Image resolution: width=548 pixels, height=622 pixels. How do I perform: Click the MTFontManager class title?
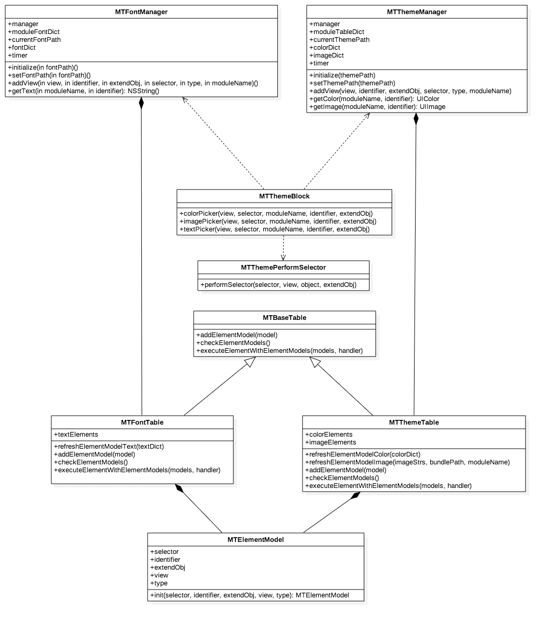(141, 12)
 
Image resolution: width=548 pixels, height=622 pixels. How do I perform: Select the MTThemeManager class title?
(417, 12)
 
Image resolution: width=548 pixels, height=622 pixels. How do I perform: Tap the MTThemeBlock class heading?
(284, 196)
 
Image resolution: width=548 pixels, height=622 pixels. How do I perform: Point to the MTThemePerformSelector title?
(283, 268)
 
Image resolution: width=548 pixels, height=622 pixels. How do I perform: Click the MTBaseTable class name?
(284, 318)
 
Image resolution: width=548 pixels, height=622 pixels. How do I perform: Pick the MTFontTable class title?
(142, 423)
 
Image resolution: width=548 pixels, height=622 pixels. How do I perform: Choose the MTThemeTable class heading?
(413, 423)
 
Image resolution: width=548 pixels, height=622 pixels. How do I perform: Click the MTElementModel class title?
(255, 540)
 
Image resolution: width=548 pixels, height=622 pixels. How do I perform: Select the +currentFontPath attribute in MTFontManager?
(35, 40)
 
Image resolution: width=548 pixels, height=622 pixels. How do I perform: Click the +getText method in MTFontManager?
(84, 91)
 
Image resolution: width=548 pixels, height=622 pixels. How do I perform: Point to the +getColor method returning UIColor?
(374, 99)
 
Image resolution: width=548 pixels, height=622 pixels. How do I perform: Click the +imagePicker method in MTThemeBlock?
(278, 221)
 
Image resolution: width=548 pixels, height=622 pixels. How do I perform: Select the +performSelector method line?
(278, 285)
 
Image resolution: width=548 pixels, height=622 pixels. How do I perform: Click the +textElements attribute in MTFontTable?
(76, 435)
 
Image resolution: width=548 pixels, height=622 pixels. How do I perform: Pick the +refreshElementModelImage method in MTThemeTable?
(407, 462)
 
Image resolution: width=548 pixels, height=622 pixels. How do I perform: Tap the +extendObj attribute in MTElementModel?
(167, 568)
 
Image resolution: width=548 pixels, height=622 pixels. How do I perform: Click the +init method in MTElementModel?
(250, 595)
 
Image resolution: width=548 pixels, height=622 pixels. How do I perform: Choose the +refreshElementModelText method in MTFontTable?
(109, 447)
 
